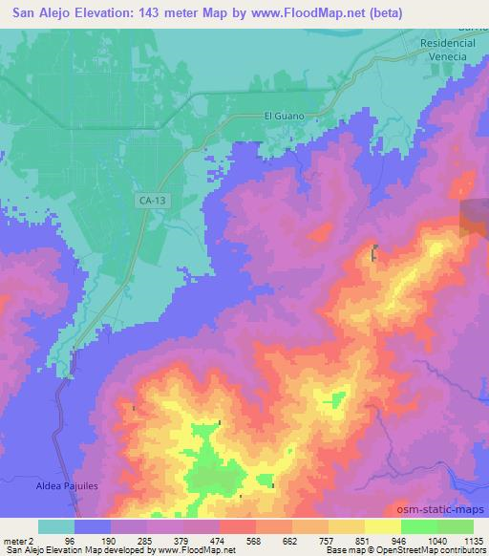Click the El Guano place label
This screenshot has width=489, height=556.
click(282, 116)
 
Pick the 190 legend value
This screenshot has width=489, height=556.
click(132, 540)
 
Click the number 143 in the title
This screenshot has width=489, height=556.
click(146, 12)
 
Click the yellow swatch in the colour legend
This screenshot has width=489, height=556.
click(383, 526)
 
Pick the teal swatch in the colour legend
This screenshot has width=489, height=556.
click(56, 526)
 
